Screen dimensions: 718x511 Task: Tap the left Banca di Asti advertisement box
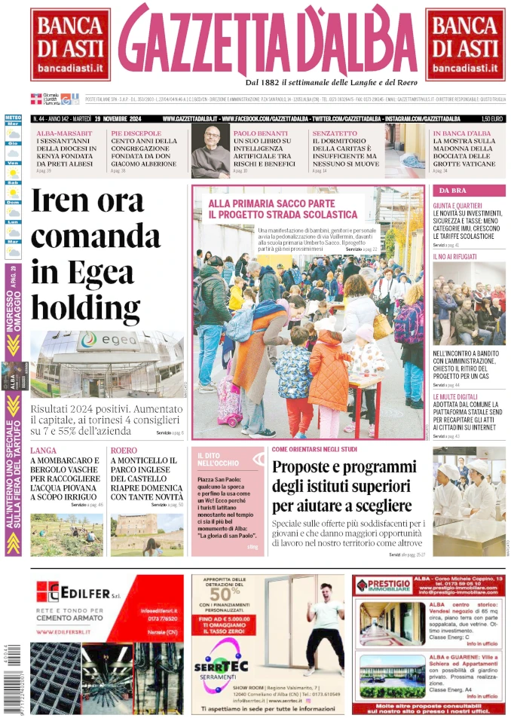[70, 44]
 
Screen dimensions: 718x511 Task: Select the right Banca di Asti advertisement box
[465, 44]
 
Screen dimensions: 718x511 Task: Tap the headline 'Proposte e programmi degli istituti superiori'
[344, 485]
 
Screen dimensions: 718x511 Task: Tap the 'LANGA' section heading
[43, 451]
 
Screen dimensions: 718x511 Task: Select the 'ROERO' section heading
[124, 451]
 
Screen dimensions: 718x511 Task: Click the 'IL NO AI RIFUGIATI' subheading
[454, 257]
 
